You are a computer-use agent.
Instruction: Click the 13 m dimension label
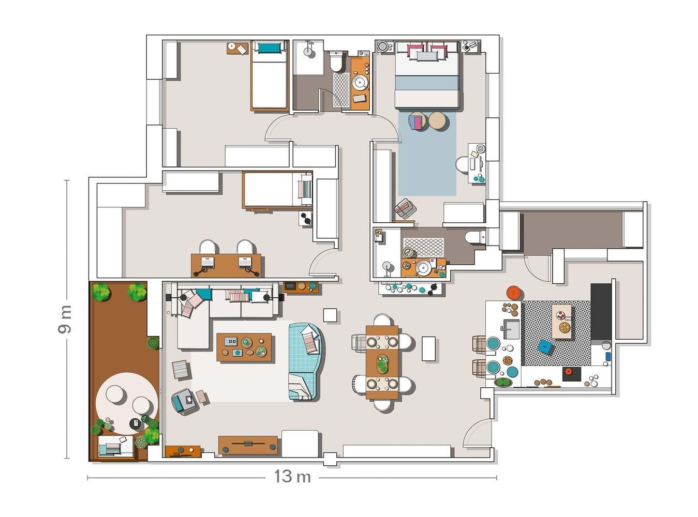tap(292, 477)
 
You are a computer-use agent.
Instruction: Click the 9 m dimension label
tap(65, 319)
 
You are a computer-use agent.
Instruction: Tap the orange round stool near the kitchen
tap(514, 293)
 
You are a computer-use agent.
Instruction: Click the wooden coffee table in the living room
tap(244, 347)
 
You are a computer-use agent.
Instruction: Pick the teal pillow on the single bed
tap(269, 48)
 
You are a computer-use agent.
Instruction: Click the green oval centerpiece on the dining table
tap(382, 364)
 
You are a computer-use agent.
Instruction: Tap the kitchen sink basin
tap(511, 329)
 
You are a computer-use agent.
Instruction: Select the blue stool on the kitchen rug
tap(545, 346)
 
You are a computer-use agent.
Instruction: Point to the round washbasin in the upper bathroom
tap(360, 82)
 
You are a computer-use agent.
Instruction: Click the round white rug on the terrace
tap(126, 403)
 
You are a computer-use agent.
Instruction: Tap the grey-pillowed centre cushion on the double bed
tap(427, 56)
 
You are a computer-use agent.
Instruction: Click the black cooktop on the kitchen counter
tap(572, 374)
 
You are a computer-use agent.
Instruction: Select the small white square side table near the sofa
tap(330, 315)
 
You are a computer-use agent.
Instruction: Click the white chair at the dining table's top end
tap(382, 320)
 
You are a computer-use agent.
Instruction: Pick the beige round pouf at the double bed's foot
tap(437, 121)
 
